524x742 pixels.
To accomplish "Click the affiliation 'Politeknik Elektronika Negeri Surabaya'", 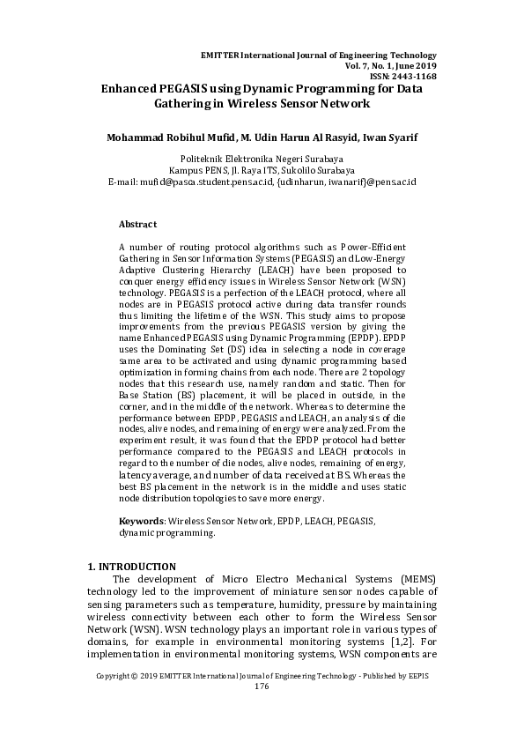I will [262, 160].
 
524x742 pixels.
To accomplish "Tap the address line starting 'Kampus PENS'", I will [262, 170].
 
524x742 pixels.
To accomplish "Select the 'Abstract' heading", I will [137, 225].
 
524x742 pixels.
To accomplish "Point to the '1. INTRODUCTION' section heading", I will [132, 566].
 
